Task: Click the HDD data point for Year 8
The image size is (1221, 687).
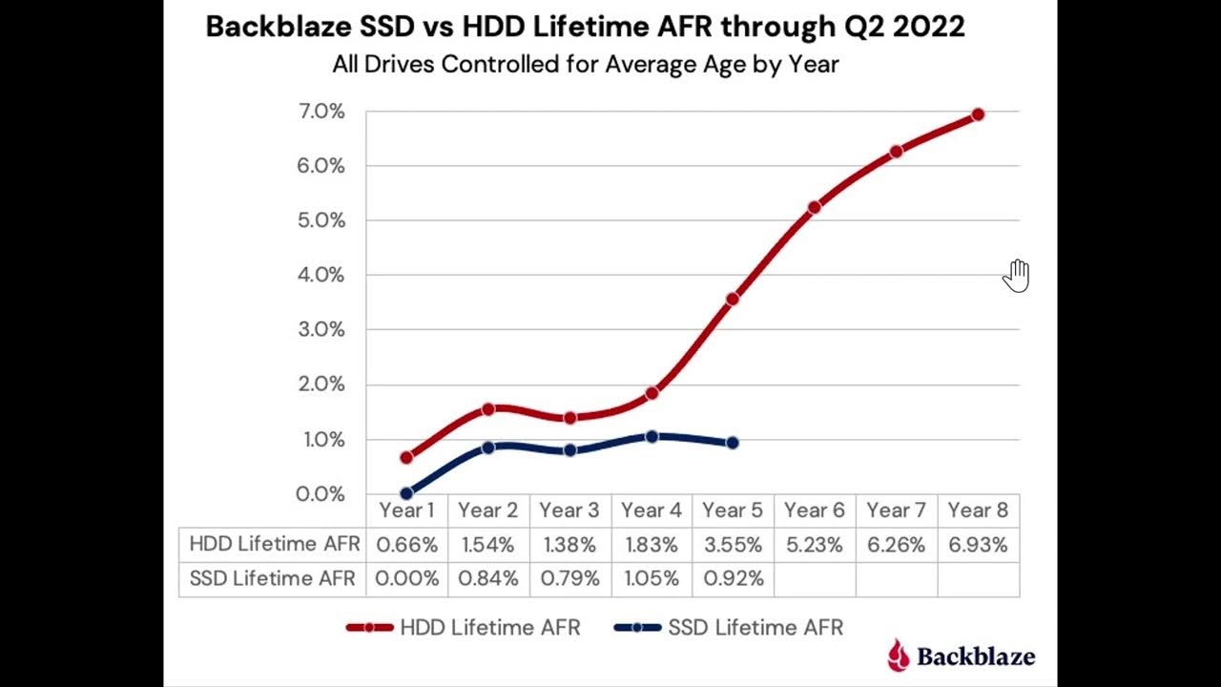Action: (x=978, y=114)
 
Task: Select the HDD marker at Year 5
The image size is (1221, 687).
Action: (x=733, y=299)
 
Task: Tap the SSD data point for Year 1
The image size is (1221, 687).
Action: (x=406, y=493)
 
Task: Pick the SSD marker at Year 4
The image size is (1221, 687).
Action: (x=652, y=436)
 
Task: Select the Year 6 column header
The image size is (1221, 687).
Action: (x=814, y=510)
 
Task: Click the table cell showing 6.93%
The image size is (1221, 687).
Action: (x=978, y=545)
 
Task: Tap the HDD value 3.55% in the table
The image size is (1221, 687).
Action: (x=733, y=545)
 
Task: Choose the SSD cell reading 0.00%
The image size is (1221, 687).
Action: (x=406, y=578)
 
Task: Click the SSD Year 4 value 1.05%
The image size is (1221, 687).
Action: (x=652, y=578)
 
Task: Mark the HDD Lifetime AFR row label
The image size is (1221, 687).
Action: (x=275, y=544)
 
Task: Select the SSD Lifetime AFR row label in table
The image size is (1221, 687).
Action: (x=272, y=578)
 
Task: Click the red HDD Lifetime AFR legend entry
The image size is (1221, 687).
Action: (x=464, y=628)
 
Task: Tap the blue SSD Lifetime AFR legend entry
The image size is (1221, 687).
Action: (x=730, y=628)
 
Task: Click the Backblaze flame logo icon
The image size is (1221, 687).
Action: (x=898, y=656)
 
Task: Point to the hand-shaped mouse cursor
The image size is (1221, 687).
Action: (x=1017, y=275)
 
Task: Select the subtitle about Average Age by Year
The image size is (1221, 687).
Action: (x=585, y=65)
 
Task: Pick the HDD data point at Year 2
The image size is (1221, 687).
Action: (x=488, y=408)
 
